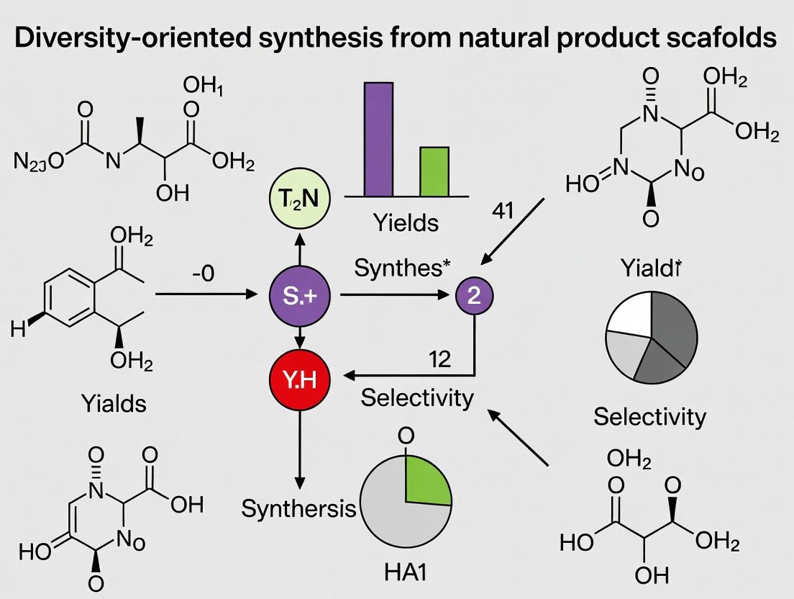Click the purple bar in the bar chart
379,139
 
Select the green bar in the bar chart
434,171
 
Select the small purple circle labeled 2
474,296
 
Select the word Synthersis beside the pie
298,509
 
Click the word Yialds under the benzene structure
112,403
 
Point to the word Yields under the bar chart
406,222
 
